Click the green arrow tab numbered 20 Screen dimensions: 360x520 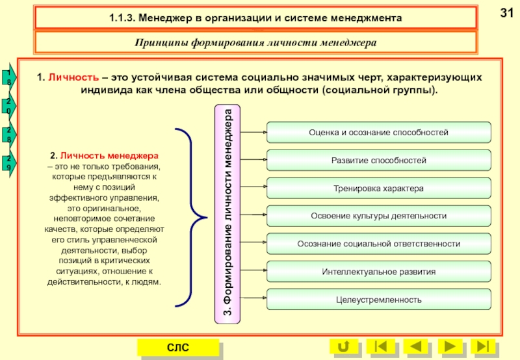[x=8, y=107]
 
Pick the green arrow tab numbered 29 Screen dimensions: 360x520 [x=8, y=163]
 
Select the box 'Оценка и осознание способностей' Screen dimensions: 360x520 [x=378, y=132]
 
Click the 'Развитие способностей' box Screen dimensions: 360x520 [x=378, y=160]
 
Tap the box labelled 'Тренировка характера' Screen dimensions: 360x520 [x=378, y=188]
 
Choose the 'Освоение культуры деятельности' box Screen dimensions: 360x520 [x=378, y=215]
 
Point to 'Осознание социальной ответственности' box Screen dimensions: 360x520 [x=378, y=243]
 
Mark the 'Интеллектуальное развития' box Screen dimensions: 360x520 [x=378, y=271]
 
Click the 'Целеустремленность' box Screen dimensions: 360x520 [x=378, y=300]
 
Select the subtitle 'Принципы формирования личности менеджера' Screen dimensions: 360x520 [x=256, y=43]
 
